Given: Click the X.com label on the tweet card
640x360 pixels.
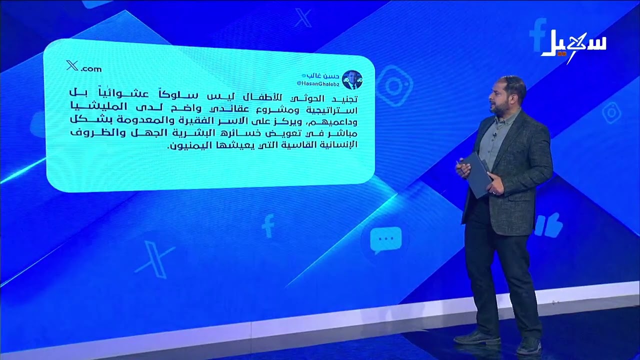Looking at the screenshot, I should [84, 66].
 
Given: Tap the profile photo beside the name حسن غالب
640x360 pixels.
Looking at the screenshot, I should [352, 79].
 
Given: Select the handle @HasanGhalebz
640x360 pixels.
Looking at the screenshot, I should [318, 83].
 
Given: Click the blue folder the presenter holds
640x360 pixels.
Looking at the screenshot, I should [476, 174].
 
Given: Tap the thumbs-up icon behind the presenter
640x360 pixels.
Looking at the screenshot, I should [548, 225].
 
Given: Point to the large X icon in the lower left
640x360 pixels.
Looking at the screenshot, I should [154, 258].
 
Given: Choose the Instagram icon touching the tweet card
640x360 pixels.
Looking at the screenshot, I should [394, 85].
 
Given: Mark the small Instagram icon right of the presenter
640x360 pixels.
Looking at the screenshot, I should [611, 112].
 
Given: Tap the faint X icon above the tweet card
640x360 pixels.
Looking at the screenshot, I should [303, 18].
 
